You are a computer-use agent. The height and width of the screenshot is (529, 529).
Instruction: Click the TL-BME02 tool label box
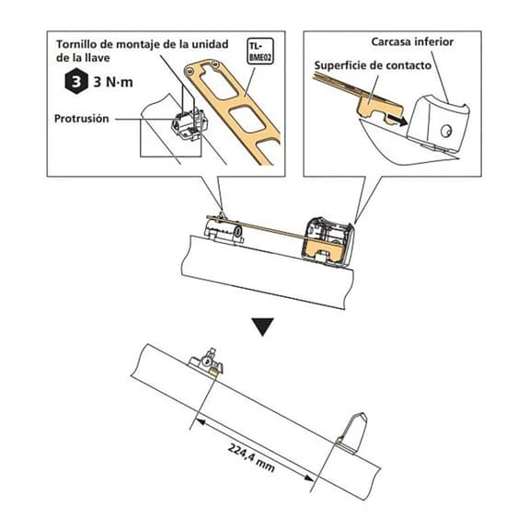tap(260, 52)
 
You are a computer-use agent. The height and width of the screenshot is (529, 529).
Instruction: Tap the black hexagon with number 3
tap(76, 81)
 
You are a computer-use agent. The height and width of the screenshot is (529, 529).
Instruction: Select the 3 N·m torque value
tap(113, 82)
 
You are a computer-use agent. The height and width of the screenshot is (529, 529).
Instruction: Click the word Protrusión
tap(82, 119)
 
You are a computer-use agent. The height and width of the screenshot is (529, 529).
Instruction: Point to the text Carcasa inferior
tap(412, 41)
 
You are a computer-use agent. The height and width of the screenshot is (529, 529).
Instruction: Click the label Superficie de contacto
tap(373, 65)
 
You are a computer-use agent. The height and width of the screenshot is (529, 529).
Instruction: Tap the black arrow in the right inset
tap(397, 121)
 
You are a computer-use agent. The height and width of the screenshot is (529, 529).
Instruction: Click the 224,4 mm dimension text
tap(251, 458)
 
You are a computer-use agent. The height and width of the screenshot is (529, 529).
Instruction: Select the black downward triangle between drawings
tap(262, 327)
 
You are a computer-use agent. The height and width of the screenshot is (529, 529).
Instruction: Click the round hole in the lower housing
tap(446, 131)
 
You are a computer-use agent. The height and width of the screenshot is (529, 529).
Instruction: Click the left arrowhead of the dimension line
tap(201, 421)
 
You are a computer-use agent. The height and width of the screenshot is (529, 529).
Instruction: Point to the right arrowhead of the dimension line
tap(309, 477)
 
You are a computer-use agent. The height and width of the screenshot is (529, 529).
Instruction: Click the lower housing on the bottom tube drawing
tap(352, 432)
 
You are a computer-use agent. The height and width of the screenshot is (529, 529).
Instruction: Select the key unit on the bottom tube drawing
tap(206, 362)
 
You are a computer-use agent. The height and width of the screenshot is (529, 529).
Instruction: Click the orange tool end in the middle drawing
tap(326, 250)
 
